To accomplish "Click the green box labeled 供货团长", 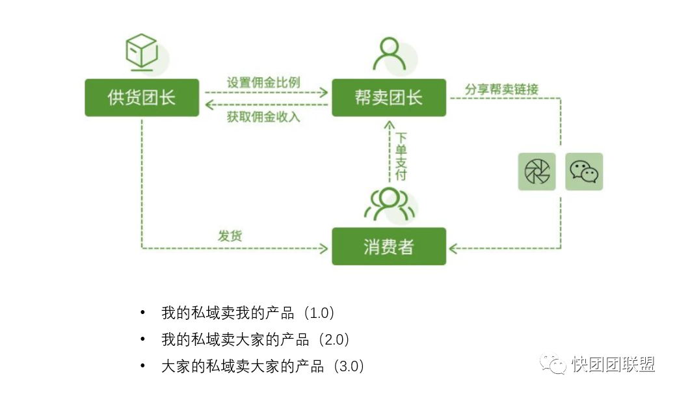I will [x=142, y=98].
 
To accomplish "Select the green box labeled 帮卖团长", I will [x=389, y=98].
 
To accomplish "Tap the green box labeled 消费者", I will [x=389, y=246].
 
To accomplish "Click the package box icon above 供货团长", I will [x=142, y=52].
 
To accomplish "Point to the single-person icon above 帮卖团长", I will [x=388, y=53].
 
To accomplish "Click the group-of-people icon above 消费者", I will [x=388, y=204].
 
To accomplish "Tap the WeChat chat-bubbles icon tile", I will [x=584, y=172].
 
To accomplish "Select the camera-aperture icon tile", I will [x=537, y=172].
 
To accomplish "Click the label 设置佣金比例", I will [x=263, y=83].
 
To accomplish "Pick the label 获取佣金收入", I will [x=263, y=117].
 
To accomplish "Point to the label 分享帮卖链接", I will [x=501, y=89].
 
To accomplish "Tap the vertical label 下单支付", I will [x=401, y=156].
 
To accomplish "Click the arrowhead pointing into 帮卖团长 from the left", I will [x=325, y=93].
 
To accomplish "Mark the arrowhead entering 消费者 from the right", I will [x=454, y=248].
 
